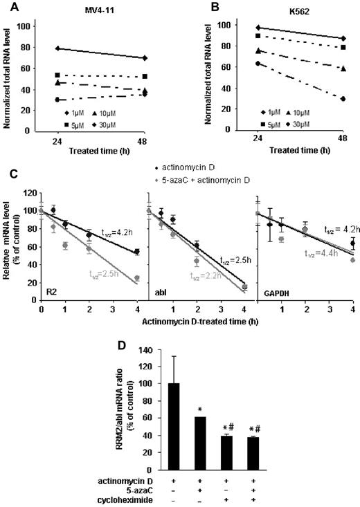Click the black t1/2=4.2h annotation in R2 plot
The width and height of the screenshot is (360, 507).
click(x=97, y=233)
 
